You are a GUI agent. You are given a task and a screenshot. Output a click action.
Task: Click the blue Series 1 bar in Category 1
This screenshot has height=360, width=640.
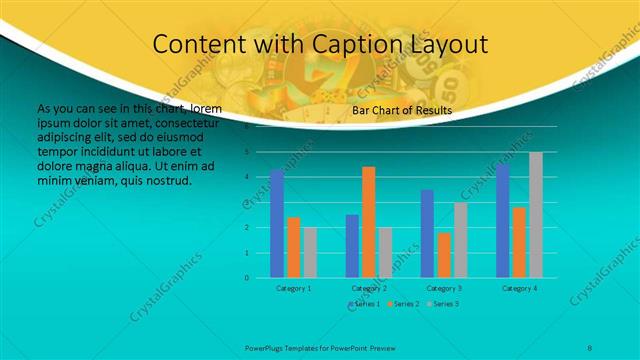click(x=277, y=224)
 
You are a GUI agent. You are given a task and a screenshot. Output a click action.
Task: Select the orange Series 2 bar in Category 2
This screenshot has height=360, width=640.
click(x=368, y=222)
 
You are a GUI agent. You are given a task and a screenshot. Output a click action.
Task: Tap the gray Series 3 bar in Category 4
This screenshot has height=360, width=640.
click(x=536, y=215)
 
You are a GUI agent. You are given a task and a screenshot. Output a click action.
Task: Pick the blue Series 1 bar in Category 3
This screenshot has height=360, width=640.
click(x=427, y=233)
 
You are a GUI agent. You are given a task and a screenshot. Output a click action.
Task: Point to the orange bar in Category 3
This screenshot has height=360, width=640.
click(x=444, y=255)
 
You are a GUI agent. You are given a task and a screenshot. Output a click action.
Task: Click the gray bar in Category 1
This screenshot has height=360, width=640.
click(x=310, y=252)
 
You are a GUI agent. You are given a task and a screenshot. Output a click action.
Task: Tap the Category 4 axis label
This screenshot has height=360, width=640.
click(x=519, y=288)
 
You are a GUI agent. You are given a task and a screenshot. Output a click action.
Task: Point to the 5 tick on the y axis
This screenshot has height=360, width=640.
click(x=247, y=152)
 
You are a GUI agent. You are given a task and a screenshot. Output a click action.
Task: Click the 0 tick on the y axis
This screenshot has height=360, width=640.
click(x=247, y=277)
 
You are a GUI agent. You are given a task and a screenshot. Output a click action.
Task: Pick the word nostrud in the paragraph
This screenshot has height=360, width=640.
click(x=167, y=181)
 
